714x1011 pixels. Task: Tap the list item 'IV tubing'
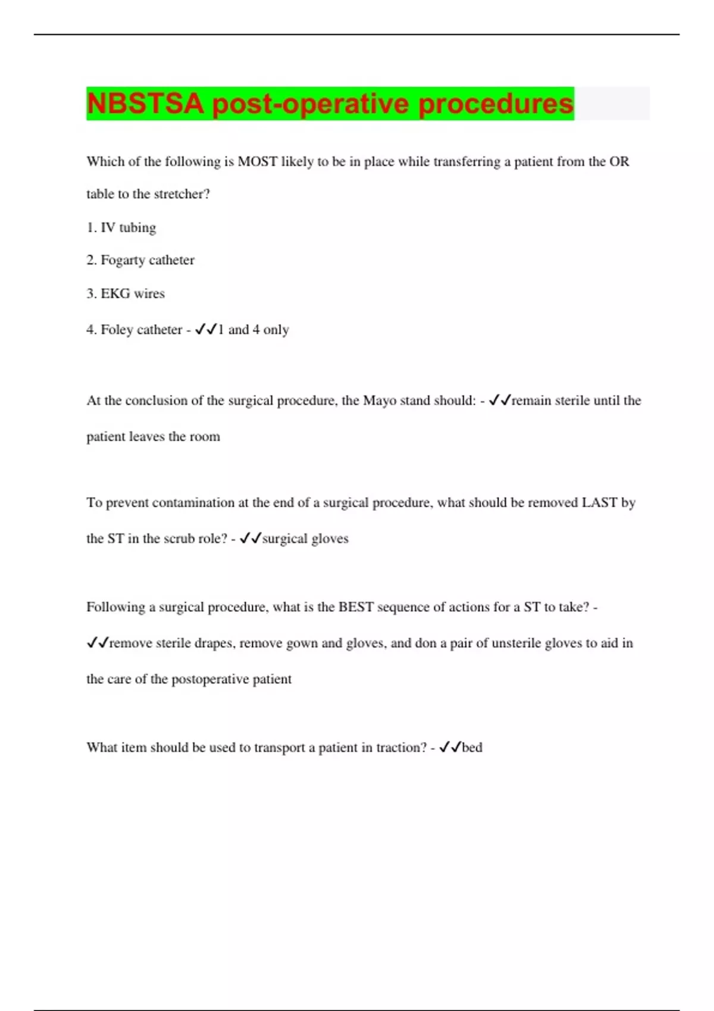(x=121, y=228)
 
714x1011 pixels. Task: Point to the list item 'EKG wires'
(x=126, y=294)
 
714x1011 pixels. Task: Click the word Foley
(x=117, y=329)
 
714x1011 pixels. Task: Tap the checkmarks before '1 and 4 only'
(x=206, y=329)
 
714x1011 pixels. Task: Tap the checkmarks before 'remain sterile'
(x=500, y=401)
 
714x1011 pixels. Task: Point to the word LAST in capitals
(x=599, y=503)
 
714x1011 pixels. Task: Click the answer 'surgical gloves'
(x=305, y=539)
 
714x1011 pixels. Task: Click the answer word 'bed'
(x=472, y=748)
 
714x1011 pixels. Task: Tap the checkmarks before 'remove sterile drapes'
(x=98, y=643)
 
